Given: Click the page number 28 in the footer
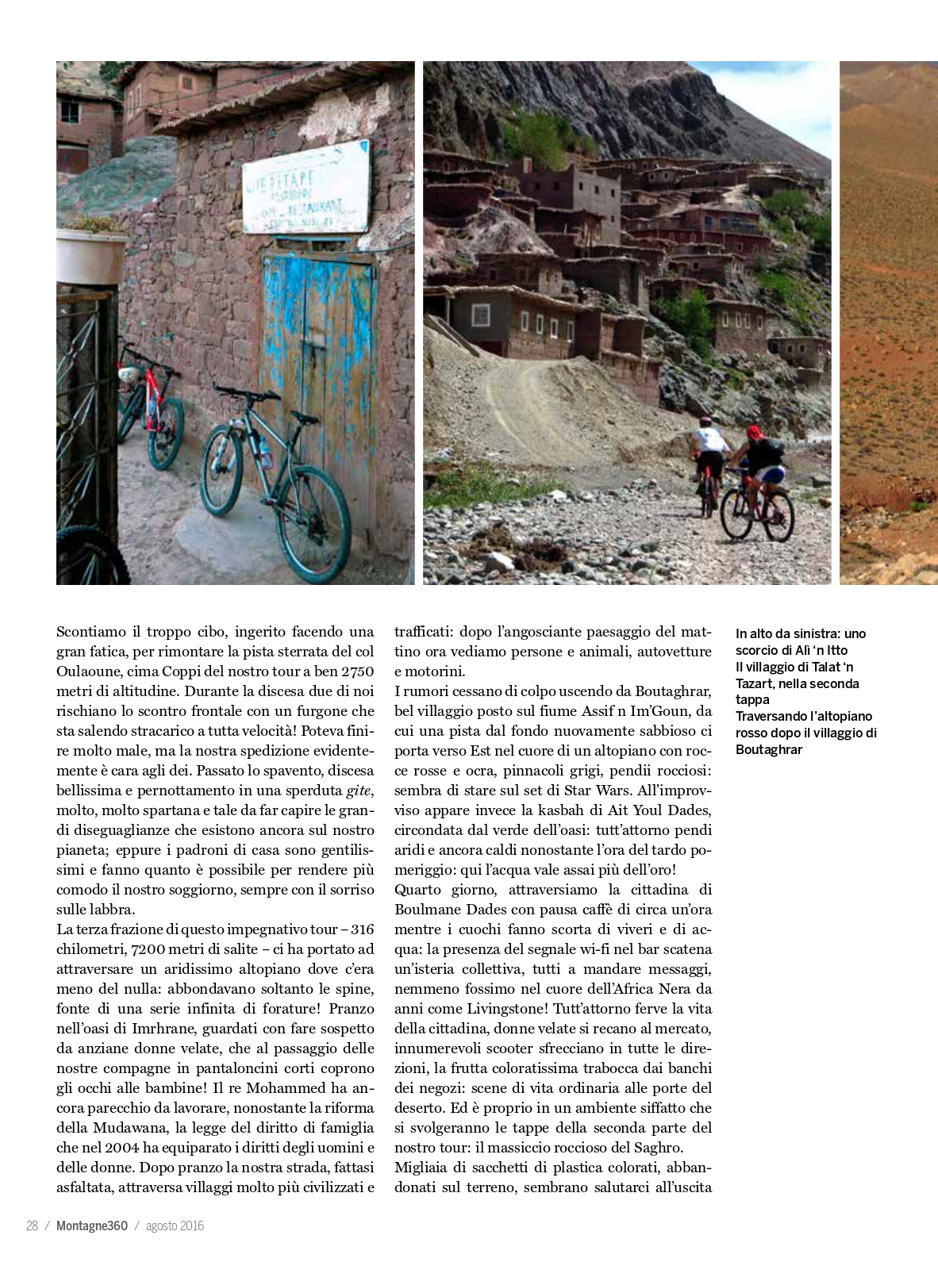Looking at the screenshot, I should [32, 1226].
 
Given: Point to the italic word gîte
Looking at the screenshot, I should [359, 791].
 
